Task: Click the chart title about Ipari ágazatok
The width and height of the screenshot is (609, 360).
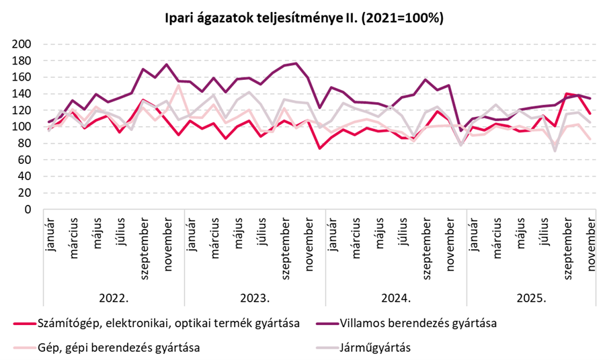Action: tap(304, 18)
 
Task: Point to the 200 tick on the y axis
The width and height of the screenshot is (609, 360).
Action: tap(23, 44)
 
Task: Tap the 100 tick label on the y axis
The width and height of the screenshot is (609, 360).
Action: tap(23, 127)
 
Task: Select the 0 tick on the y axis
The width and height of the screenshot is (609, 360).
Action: tap(28, 210)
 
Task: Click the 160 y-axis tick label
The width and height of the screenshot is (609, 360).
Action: tap(23, 77)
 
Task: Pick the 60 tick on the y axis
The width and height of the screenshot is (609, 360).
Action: tap(26, 160)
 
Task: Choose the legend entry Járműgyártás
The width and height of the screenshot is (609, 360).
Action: tap(380, 347)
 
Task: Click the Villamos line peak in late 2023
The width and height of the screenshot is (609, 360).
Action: tap(296, 63)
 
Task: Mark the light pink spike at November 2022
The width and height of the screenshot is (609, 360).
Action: tap(178, 85)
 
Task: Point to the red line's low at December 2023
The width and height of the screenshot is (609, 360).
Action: tap(319, 148)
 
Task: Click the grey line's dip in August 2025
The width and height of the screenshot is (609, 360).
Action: tap(555, 150)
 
